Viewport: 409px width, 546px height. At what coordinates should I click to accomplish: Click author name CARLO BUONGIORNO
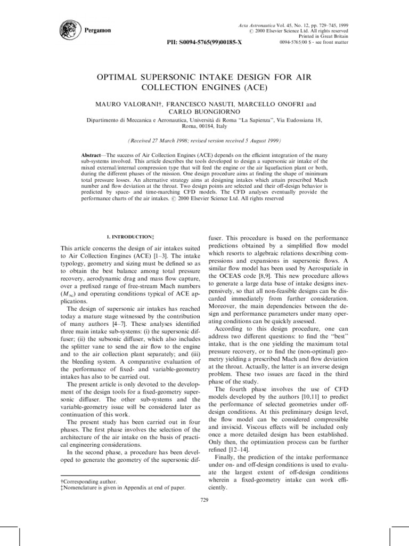205,114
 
